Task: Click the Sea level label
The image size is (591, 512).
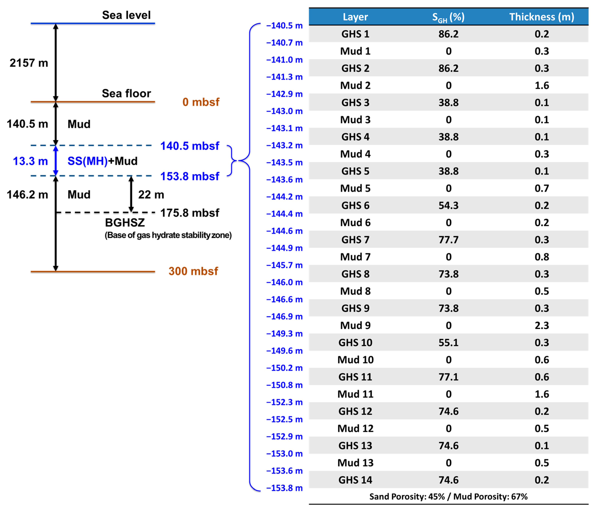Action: tap(126, 15)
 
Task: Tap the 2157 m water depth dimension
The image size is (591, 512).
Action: tap(29, 63)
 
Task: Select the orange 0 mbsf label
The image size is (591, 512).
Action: tap(201, 102)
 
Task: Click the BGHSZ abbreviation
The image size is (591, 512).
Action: tap(125, 223)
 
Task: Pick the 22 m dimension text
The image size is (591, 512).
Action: tap(151, 195)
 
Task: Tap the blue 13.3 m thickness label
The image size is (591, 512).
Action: tap(30, 161)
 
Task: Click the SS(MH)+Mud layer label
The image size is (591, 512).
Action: tap(102, 161)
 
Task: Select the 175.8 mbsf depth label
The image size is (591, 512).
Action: tap(190, 213)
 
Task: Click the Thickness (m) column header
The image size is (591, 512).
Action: tap(542, 17)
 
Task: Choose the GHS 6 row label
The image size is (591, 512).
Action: tap(355, 206)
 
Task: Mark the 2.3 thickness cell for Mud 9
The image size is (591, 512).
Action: tap(542, 325)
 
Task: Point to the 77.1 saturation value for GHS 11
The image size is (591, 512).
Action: tap(448, 377)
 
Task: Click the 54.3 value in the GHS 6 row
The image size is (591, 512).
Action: tap(448, 206)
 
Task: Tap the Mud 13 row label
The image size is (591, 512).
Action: tap(355, 463)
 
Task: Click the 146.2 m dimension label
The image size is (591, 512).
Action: tap(27, 195)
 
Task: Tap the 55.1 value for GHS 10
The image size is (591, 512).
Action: tap(448, 343)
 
